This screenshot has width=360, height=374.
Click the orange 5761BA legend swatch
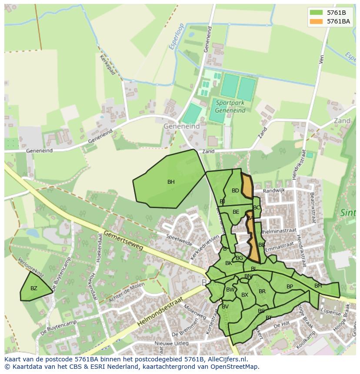pyautogui.click(x=316, y=21)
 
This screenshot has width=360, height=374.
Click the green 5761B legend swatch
pyautogui.click(x=316, y=13)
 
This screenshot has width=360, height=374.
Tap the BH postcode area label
pyautogui.click(x=171, y=182)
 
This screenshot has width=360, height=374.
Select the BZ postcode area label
pyautogui.click(x=34, y=288)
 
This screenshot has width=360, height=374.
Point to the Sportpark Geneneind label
pyautogui.click(x=230, y=106)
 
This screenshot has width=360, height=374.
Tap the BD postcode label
pyautogui.click(x=235, y=191)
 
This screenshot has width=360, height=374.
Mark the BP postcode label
pyautogui.click(x=290, y=287)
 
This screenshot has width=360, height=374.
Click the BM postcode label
pyautogui.click(x=318, y=286)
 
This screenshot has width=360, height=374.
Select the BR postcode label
pyautogui.click(x=262, y=291)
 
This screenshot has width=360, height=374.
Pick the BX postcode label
pyautogui.click(x=245, y=295)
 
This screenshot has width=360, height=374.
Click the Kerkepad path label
pyautogui.click(x=107, y=65)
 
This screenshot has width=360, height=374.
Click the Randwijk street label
pyautogui.click(x=273, y=190)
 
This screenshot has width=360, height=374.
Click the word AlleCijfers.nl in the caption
pyautogui.click(x=227, y=359)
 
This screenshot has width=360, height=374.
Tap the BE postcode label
pyautogui.click(x=236, y=212)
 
